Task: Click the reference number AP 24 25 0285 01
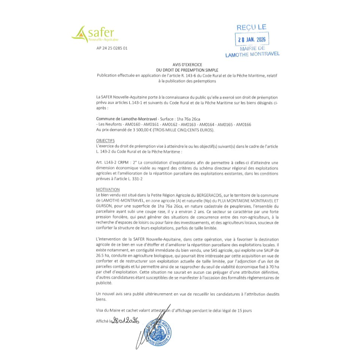click(111, 48)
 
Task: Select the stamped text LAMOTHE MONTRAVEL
click(252, 54)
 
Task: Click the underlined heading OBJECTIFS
click(106, 140)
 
